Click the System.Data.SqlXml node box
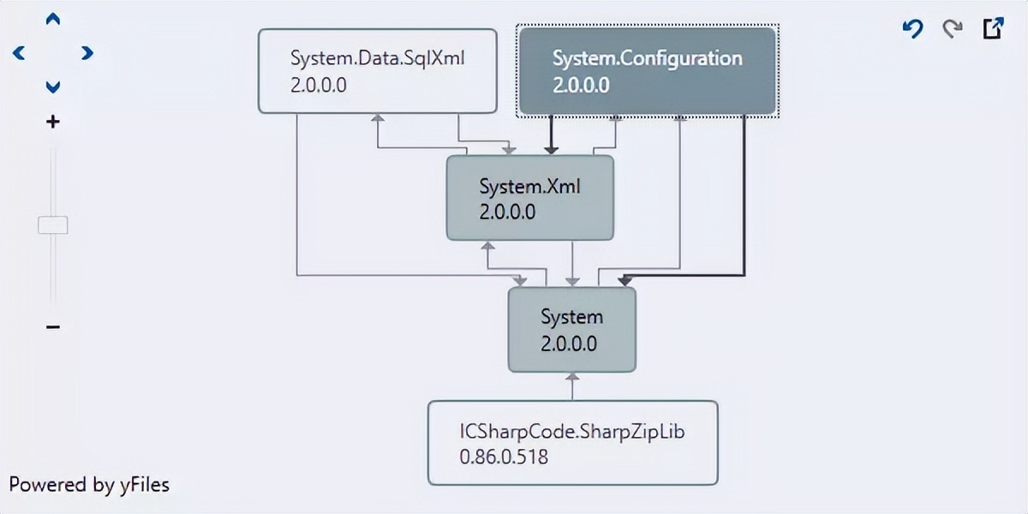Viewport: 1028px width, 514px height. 377,71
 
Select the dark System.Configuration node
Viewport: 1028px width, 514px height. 646,71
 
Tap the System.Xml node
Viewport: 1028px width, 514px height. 530,198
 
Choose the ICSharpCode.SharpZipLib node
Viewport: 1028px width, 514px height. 572,443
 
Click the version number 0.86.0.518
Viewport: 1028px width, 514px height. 504,457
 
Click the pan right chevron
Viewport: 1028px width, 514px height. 87,53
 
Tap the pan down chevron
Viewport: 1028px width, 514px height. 53,87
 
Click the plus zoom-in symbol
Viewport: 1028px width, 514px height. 53,123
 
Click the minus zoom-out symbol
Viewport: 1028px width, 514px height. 53,327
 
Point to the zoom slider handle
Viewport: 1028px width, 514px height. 53,225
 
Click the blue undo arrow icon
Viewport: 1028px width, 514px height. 913,29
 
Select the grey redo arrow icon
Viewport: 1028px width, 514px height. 952,29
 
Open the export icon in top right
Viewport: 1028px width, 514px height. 992,29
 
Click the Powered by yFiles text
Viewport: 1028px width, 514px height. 89,485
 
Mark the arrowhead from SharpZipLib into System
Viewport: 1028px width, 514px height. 572,377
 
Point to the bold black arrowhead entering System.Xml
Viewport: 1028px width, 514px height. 551,149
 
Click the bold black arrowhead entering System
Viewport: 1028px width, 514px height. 624,280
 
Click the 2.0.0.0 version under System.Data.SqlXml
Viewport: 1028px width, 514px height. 318,85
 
